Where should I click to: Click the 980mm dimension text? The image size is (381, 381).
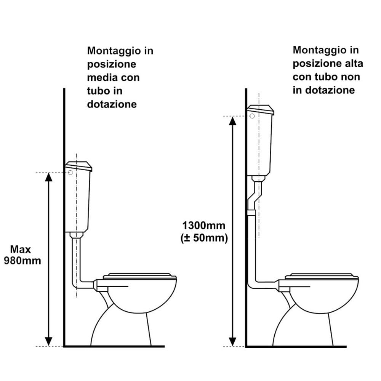[x=22, y=261]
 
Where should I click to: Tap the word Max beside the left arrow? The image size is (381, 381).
[x=21, y=250]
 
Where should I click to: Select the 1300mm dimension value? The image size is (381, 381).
[x=204, y=226]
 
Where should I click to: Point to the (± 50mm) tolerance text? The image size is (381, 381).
[x=204, y=238]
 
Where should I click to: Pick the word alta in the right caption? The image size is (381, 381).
[x=354, y=64]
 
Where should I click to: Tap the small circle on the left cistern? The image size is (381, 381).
[x=70, y=173]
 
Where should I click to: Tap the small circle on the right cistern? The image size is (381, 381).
[x=252, y=116]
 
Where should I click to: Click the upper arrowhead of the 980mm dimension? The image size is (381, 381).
[x=49, y=177]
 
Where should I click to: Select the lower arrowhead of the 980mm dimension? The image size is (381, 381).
[x=49, y=342]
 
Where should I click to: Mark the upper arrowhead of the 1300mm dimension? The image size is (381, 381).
[x=233, y=120]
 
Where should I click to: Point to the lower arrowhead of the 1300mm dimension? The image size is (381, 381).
[x=233, y=342]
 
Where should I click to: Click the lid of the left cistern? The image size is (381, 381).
[x=79, y=166]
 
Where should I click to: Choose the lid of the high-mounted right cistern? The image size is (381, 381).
[x=261, y=110]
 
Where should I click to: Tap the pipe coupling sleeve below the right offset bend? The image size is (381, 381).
[x=251, y=213]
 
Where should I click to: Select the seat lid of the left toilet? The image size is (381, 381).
[x=140, y=276]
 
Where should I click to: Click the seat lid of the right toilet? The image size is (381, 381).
[x=322, y=276]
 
